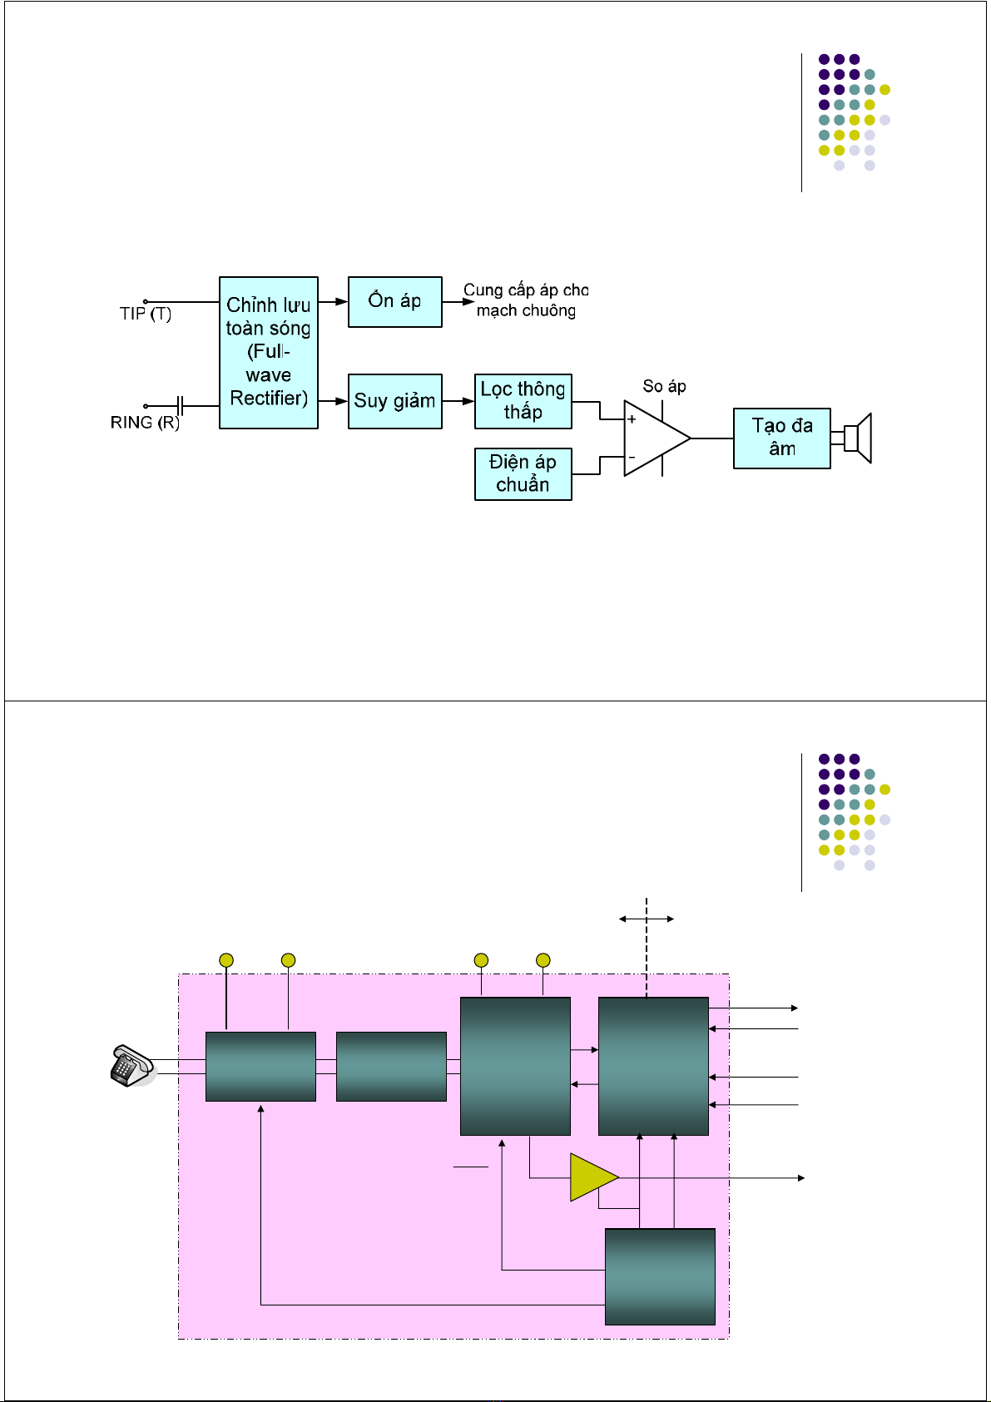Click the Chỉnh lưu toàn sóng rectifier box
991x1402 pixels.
point(268,353)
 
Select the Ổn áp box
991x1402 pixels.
point(394,301)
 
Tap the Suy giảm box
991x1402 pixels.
point(394,401)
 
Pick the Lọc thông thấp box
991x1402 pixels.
point(523,401)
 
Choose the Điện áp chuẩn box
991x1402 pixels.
point(523,473)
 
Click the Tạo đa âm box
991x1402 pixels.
point(781,438)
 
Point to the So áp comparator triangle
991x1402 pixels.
point(654,438)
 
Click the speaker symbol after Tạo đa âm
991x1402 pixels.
point(856,438)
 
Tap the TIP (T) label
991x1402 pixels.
point(146,314)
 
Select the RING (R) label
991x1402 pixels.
point(145,423)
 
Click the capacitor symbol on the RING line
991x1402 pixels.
point(181,406)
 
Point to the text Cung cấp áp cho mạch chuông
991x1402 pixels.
point(526,300)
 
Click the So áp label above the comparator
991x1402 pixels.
point(664,386)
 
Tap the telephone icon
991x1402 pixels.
point(131,1066)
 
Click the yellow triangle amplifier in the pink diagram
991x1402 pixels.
point(592,1177)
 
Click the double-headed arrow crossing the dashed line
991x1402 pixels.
point(647,919)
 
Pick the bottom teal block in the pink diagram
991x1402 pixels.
point(660,1276)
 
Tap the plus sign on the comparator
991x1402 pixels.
point(632,419)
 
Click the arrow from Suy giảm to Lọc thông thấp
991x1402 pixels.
point(458,401)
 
